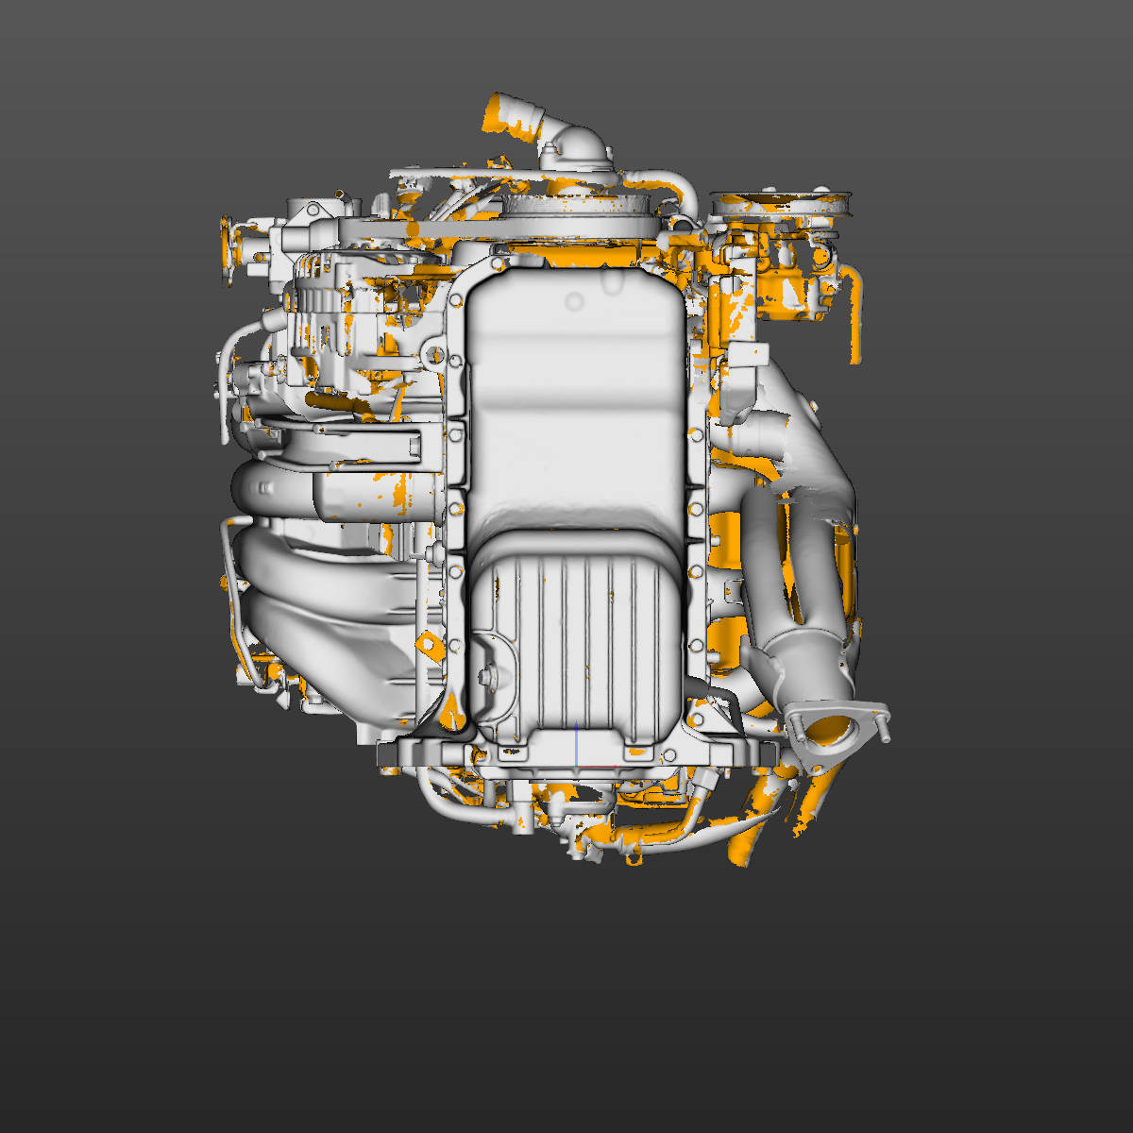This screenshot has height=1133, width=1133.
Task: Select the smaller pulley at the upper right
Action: tap(782, 202)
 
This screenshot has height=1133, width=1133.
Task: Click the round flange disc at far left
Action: tap(227, 251)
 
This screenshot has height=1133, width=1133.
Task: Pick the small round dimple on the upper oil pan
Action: tap(574, 302)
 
